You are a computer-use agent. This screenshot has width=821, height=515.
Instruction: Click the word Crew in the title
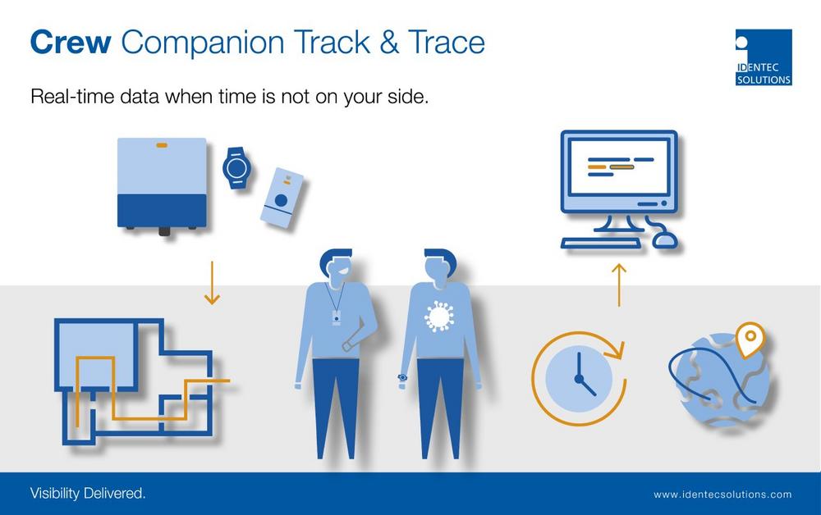tap(71, 42)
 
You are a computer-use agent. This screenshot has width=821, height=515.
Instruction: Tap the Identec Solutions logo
tap(764, 57)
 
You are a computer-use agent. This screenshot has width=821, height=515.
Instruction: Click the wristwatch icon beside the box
tap(236, 168)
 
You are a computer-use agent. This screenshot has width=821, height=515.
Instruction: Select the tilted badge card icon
tap(282, 198)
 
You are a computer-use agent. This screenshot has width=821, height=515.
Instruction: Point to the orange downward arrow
tap(212, 283)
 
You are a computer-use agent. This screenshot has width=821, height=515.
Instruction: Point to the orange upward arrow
tap(619, 285)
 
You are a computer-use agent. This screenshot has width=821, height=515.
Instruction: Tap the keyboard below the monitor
tap(601, 243)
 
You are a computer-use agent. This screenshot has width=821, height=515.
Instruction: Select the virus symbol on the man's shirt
tap(439, 317)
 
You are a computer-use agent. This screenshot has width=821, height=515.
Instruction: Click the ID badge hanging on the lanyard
tap(336, 317)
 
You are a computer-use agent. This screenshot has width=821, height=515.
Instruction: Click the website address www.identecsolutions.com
tap(722, 494)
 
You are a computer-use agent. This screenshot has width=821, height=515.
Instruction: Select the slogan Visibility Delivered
tap(88, 493)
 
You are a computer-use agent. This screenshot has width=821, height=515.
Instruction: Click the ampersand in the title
tap(389, 42)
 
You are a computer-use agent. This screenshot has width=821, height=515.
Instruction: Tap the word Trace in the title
tap(447, 42)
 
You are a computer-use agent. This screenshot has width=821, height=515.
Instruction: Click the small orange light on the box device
tap(162, 145)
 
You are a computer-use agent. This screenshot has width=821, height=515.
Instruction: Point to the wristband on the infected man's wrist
tap(402, 377)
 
